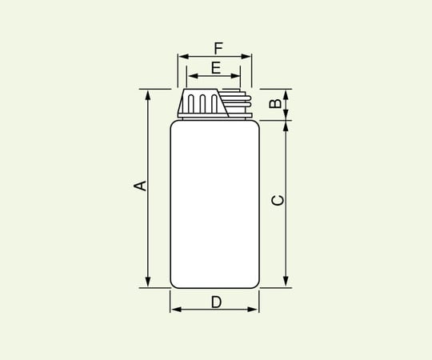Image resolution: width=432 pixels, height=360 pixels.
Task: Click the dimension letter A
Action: coord(139,186)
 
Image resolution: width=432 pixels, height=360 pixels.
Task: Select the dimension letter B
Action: coord(274,104)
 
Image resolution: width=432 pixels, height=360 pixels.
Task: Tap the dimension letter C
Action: coord(277,201)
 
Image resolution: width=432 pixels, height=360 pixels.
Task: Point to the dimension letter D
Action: coord(216,302)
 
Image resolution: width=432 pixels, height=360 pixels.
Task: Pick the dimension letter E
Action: coord(215,68)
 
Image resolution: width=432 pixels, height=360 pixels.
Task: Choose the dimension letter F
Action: coord(218,47)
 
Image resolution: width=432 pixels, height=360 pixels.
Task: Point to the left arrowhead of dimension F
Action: coord(182,57)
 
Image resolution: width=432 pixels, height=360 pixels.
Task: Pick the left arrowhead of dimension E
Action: coord(190,78)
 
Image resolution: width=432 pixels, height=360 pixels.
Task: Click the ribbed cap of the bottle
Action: coord(202,104)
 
